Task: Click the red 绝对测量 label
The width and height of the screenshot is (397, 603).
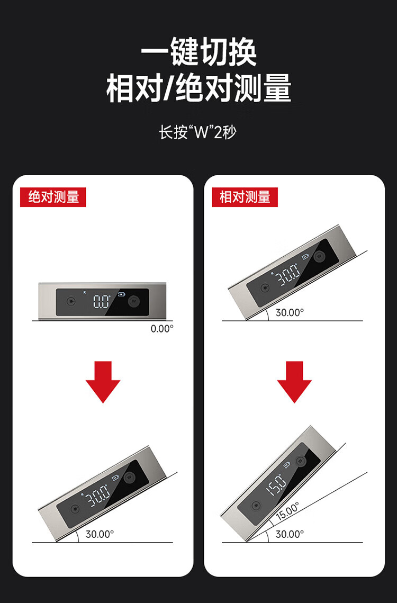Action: [x=53, y=197]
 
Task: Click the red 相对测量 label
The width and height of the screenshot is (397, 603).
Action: [x=245, y=197]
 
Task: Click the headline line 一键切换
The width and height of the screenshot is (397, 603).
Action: [x=198, y=52]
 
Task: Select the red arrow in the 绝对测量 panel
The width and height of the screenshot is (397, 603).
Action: [x=103, y=382]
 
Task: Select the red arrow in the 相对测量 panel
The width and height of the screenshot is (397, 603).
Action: [x=294, y=382]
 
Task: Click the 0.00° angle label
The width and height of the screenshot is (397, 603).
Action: [x=162, y=329]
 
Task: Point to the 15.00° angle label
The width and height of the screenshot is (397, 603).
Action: [x=287, y=511]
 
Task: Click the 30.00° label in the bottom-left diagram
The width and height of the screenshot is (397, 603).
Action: [x=100, y=534]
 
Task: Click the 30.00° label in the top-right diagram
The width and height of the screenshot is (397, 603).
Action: [x=290, y=313]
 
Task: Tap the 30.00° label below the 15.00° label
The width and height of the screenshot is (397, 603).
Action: [x=290, y=534]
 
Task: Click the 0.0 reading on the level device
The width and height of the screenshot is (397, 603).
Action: [x=101, y=302]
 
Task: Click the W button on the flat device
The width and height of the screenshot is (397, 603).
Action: [x=134, y=302]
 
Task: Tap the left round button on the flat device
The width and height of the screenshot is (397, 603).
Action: [x=71, y=302]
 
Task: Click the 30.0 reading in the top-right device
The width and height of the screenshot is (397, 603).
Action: [x=288, y=274]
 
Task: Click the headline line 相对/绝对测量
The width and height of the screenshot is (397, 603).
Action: [x=198, y=88]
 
